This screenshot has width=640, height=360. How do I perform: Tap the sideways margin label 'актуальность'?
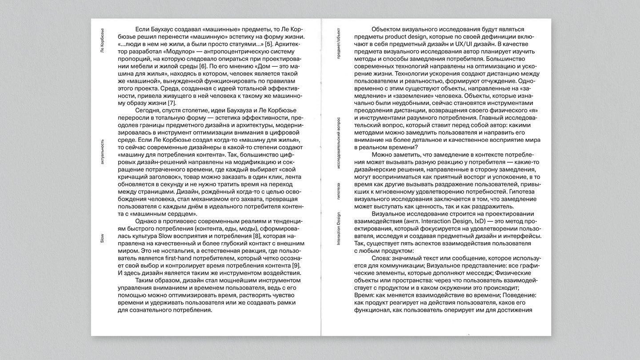(x=102, y=152)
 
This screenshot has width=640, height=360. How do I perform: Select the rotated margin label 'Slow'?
(x=102, y=239)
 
